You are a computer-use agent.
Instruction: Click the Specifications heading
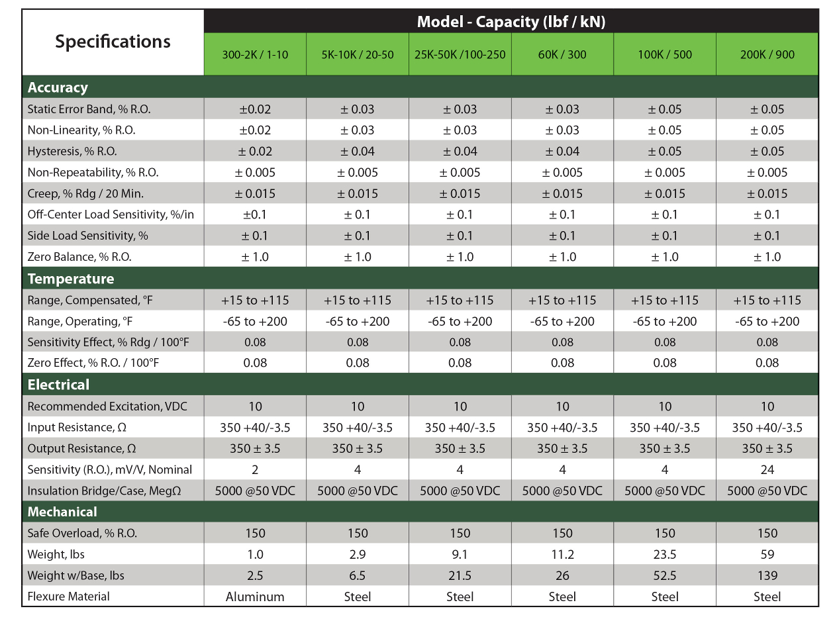click(113, 42)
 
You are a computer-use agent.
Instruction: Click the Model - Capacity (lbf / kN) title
click(511, 21)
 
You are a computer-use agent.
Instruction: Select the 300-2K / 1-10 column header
click(255, 54)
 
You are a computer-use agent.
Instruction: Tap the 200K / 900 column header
click(767, 54)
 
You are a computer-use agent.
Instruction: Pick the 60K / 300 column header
click(562, 54)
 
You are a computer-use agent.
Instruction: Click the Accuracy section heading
click(58, 87)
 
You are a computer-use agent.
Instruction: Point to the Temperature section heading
click(71, 279)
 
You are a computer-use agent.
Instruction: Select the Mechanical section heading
click(62, 512)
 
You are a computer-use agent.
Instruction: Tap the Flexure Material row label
click(69, 597)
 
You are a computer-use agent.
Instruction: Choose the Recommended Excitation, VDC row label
click(98, 406)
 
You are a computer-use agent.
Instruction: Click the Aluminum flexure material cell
click(255, 597)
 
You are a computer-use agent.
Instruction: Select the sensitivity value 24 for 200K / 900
click(767, 469)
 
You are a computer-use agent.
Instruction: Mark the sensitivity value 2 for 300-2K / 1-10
click(255, 469)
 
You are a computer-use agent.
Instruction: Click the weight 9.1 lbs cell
click(460, 554)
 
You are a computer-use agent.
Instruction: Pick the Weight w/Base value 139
click(767, 575)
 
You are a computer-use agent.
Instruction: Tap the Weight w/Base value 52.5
click(665, 575)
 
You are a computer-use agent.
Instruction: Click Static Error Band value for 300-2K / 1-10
click(255, 109)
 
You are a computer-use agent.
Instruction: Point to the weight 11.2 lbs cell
click(562, 554)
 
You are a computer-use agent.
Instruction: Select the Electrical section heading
click(58, 385)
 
